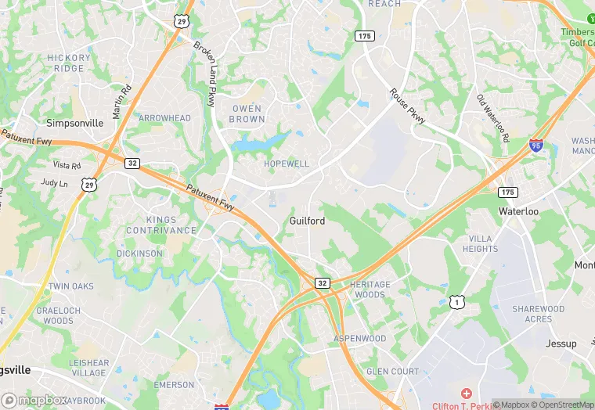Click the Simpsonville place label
74,123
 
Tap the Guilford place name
307,221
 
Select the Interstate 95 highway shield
535,145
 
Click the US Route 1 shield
456,301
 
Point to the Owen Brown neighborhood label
247,113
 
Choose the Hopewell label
287,164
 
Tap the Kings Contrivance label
161,225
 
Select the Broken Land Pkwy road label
204,74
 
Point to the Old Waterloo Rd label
493,117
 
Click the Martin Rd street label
122,102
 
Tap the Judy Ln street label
54,183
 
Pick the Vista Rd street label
67,166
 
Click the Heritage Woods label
368,290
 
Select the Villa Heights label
480,243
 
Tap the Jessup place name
561,343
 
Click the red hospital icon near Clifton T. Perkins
467,393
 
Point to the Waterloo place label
518,211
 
